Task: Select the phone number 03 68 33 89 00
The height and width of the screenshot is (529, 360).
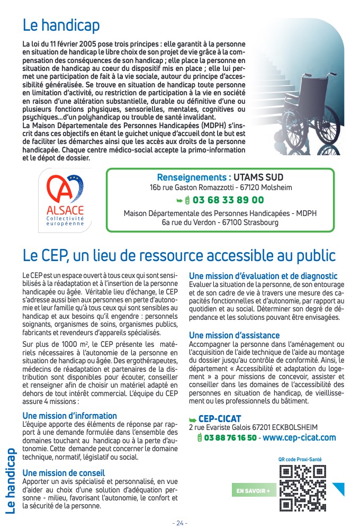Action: click(x=228, y=200)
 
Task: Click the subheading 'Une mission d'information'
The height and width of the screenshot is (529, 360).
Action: click(x=70, y=416)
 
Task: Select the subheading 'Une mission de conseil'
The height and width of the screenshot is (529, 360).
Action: click(x=64, y=472)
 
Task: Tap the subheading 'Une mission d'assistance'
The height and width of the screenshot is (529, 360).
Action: click(x=234, y=335)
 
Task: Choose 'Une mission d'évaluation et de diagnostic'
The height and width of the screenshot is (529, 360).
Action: click(x=263, y=276)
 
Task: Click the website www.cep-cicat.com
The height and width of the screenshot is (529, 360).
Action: click(x=299, y=437)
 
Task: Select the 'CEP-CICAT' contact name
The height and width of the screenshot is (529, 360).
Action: click(x=219, y=419)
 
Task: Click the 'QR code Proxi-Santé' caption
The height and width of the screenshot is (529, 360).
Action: click(x=299, y=459)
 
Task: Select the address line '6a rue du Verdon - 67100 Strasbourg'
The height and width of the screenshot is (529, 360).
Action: click(x=220, y=222)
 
